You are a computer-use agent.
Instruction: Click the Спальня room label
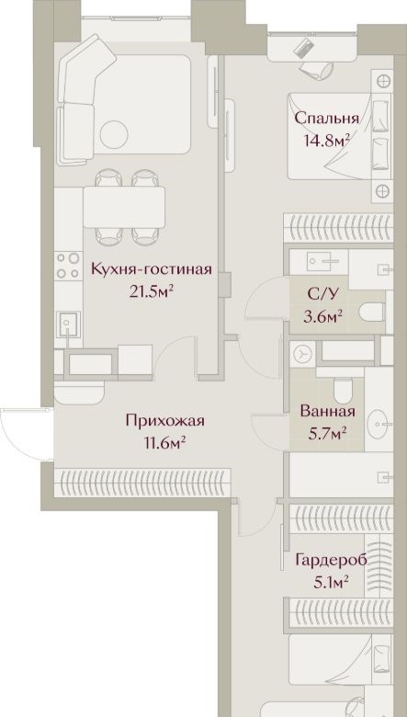[326, 119]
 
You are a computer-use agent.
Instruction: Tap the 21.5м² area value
[153, 290]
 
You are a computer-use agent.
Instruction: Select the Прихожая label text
[164, 421]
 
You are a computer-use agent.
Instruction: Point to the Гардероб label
[331, 560]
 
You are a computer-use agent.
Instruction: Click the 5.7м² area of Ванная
[327, 432]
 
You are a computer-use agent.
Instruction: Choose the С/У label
[323, 294]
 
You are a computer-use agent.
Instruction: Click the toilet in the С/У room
[372, 313]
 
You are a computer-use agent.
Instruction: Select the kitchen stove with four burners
[68, 266]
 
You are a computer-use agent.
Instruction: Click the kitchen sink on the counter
[68, 324]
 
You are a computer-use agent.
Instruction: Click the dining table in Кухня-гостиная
[124, 207]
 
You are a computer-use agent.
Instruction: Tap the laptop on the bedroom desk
[305, 48]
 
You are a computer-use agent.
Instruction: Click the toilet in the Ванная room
[343, 390]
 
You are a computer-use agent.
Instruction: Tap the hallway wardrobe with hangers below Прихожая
[142, 483]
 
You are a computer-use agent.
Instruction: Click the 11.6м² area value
[164, 442]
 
